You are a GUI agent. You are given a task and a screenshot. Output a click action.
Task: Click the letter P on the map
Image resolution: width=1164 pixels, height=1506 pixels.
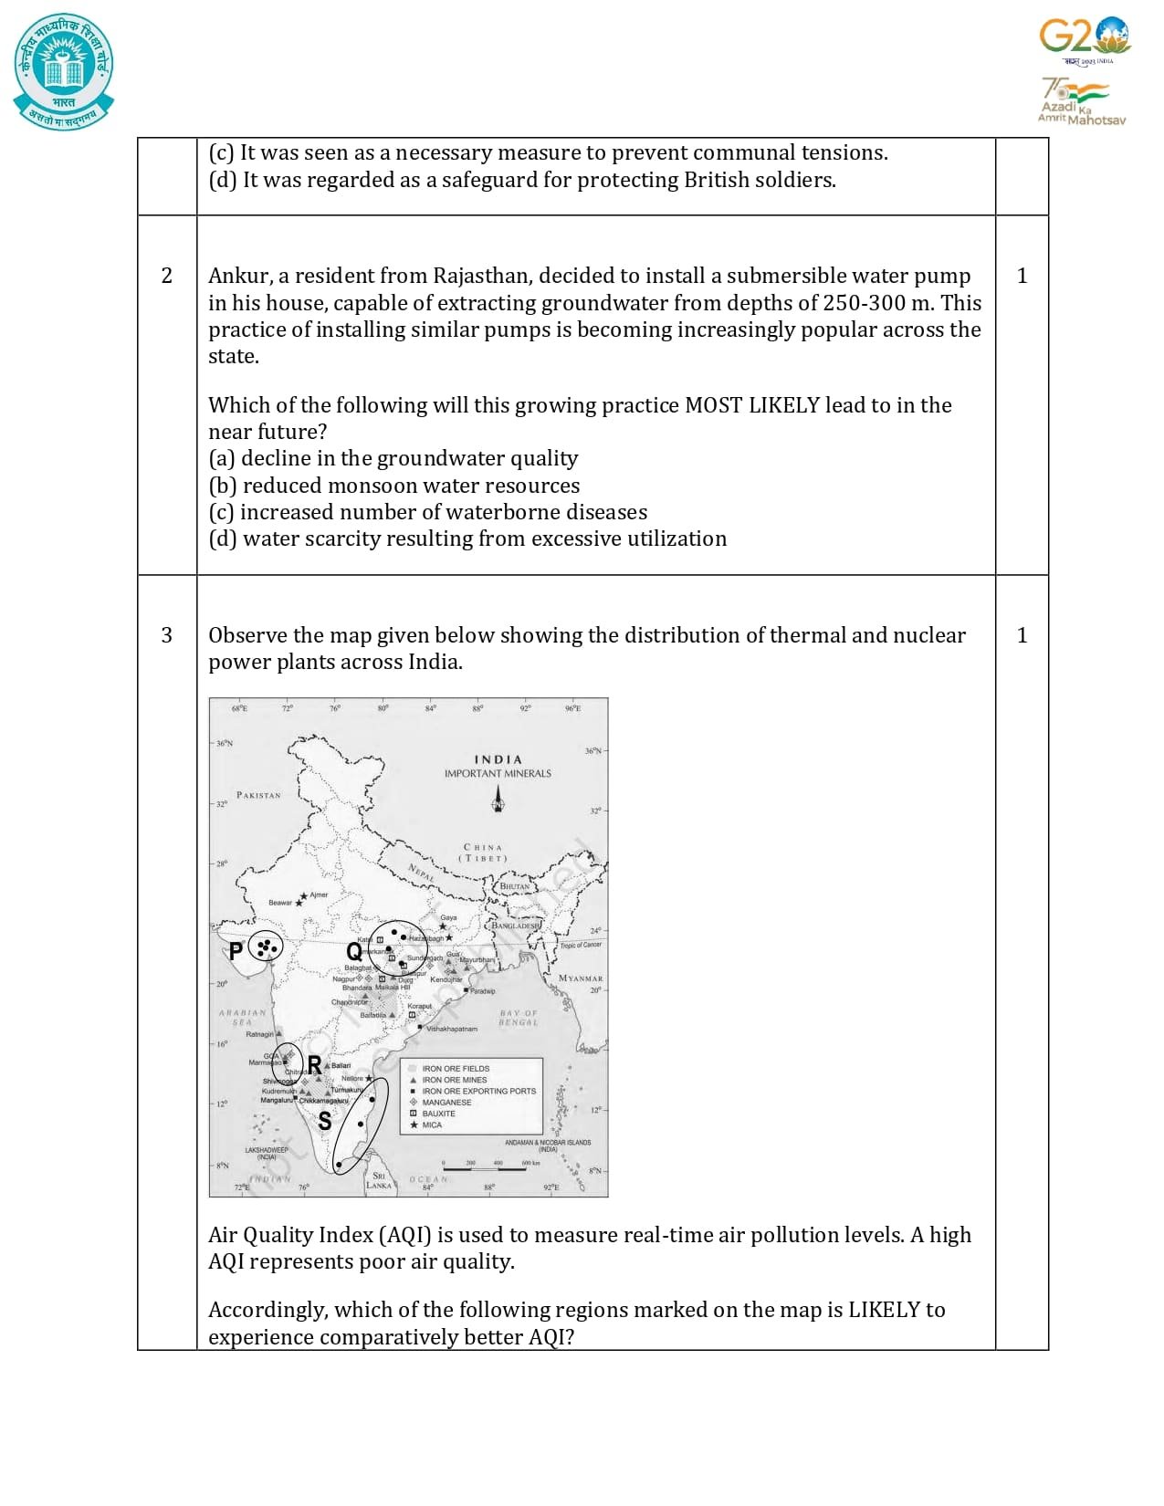pyautogui.click(x=236, y=951)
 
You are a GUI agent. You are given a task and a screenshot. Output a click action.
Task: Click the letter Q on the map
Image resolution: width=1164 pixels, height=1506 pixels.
pyautogui.click(x=353, y=952)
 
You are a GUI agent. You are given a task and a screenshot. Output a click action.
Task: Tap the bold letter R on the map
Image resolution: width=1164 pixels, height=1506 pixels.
pyautogui.click(x=314, y=1064)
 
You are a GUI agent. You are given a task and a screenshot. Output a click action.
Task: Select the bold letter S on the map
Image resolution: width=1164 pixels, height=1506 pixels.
pyautogui.click(x=324, y=1121)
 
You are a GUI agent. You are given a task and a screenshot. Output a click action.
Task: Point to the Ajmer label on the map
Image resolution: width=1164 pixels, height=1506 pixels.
pyautogui.click(x=319, y=894)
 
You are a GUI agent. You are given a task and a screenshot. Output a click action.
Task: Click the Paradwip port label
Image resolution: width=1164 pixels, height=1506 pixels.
pyautogui.click(x=482, y=990)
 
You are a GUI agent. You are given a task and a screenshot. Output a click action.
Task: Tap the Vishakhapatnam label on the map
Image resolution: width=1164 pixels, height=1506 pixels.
pyautogui.click(x=451, y=1029)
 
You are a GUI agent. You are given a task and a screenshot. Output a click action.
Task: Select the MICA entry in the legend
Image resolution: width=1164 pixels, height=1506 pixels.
pyautogui.click(x=432, y=1125)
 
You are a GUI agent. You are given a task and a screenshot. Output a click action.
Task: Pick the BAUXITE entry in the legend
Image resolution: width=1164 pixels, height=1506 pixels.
pyautogui.click(x=438, y=1114)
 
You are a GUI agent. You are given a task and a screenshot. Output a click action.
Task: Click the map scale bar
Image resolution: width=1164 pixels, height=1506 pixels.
pyautogui.click(x=484, y=1169)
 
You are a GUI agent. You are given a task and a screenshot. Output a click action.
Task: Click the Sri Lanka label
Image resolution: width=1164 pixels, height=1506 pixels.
pyautogui.click(x=378, y=1180)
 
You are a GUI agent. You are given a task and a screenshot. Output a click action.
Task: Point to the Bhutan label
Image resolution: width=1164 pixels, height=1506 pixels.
pyautogui.click(x=514, y=886)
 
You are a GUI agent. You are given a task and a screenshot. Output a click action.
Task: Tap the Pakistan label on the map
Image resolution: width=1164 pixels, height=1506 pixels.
pyautogui.click(x=258, y=795)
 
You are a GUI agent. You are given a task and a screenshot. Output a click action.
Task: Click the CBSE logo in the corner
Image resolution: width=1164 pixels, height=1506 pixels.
pyautogui.click(x=64, y=71)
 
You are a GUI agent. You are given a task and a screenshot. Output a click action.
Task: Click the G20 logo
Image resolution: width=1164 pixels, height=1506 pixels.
pyautogui.click(x=1084, y=38)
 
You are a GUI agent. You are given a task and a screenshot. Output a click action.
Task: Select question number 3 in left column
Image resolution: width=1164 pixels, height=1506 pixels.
pyautogui.click(x=166, y=635)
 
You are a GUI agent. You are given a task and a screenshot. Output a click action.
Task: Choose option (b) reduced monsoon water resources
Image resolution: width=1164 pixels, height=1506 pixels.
pyautogui.click(x=393, y=486)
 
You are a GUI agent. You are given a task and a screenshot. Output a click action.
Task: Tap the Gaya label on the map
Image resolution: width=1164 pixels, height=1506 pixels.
pyautogui.click(x=448, y=917)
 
